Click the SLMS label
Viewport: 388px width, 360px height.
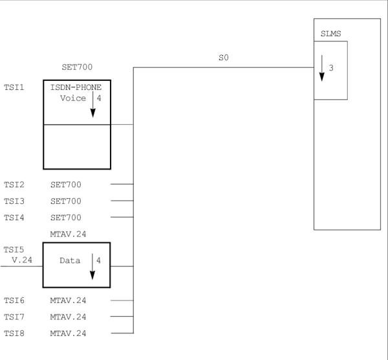coord(330,33)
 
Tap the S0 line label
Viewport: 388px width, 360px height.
coord(224,58)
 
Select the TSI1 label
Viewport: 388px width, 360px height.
coord(14,87)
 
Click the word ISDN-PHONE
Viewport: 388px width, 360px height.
coord(76,87)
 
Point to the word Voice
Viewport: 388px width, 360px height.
coord(73,98)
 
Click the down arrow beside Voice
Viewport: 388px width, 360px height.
coord(92,104)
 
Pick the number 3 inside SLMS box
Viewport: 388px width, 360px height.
coord(331,68)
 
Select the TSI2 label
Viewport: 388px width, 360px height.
coord(14,185)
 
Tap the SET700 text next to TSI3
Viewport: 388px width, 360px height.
coord(66,201)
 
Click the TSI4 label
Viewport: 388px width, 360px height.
coord(14,218)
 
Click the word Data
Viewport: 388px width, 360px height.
coord(70,260)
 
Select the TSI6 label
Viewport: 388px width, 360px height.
coord(14,300)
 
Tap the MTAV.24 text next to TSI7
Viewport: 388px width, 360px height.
coord(68,317)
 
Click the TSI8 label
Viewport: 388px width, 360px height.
coord(14,333)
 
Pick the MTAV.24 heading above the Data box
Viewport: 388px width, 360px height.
coord(68,234)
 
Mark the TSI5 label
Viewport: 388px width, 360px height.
coord(14,249)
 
